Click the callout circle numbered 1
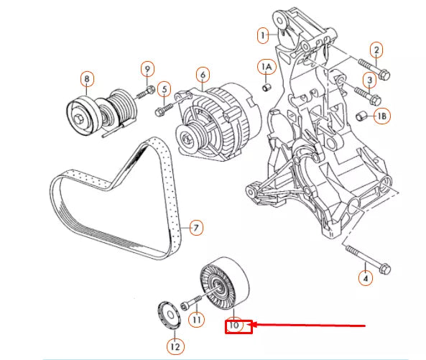(x=264, y=34)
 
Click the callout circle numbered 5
(x=164, y=90)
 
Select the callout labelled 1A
(x=267, y=68)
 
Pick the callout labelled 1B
(x=382, y=116)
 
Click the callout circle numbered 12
(x=175, y=346)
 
